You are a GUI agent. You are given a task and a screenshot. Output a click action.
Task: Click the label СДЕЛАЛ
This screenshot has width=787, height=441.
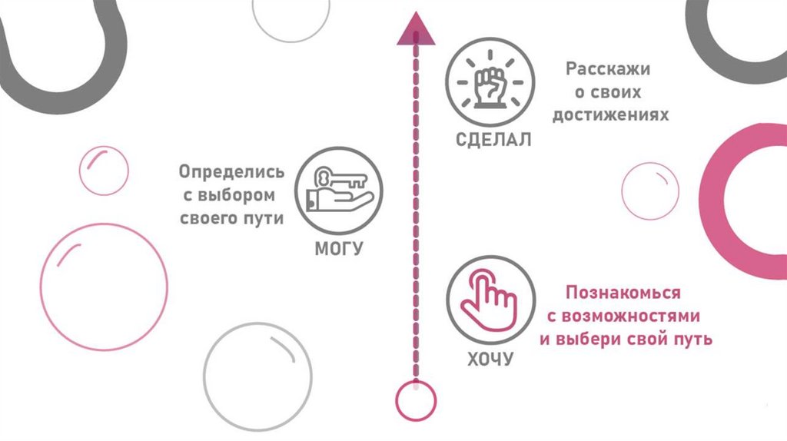[x=490, y=141]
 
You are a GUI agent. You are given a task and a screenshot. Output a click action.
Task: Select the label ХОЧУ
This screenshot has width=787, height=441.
[x=490, y=359]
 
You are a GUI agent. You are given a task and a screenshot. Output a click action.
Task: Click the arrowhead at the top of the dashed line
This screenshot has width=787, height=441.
[x=416, y=30]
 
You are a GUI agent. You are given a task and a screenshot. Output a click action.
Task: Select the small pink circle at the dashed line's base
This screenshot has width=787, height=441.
[x=416, y=400]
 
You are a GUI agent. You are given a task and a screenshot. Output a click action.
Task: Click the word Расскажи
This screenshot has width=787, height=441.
[x=608, y=69]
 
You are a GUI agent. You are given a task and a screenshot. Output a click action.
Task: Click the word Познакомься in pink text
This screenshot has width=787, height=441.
[x=623, y=293]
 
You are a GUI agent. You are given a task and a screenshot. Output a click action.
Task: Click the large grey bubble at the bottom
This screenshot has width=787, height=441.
[x=257, y=377]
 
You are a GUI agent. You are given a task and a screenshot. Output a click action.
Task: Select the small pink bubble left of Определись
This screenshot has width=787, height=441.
[x=104, y=170]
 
